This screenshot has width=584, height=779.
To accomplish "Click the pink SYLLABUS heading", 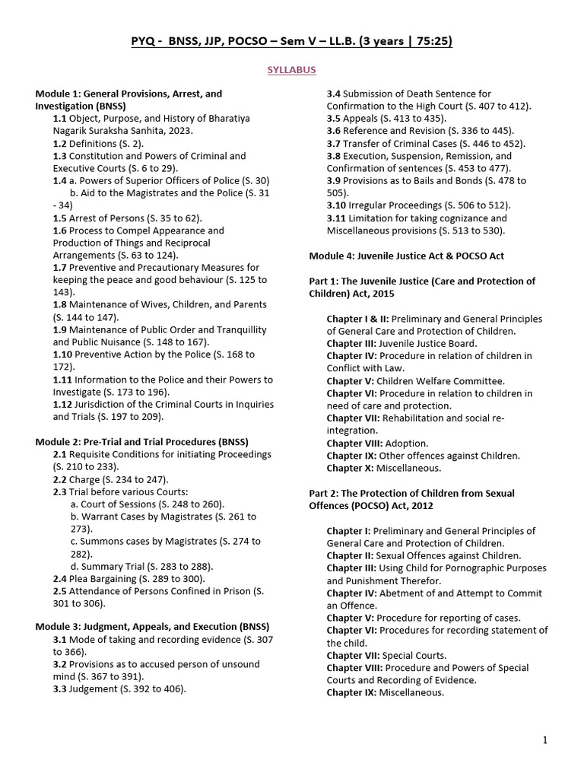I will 291,69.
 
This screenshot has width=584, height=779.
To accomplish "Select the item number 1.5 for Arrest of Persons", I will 60,218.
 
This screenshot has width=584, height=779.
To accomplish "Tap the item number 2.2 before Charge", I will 60,479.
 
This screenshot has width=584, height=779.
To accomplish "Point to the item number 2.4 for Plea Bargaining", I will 60,579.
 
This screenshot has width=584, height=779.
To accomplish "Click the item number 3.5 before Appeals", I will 334,119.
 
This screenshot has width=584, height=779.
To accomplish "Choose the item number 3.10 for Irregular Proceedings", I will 337,205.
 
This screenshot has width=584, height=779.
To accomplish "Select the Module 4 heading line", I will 406,256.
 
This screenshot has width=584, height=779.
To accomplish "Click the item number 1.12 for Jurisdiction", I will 63,404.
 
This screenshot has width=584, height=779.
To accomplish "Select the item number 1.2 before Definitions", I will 60,143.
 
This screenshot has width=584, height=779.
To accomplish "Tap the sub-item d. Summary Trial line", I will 141,566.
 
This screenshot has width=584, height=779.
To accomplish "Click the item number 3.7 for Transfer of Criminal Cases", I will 334,143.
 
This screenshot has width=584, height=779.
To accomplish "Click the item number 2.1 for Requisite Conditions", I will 60,454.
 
